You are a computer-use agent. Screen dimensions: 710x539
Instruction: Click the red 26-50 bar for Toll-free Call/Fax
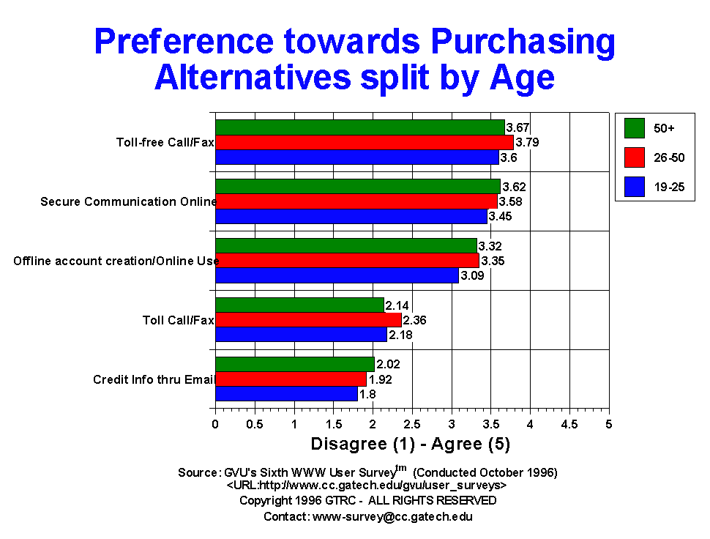tap(365, 142)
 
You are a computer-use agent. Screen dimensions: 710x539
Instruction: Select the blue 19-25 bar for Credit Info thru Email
tap(287, 393)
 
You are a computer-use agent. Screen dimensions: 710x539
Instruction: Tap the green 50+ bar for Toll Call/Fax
tap(300, 305)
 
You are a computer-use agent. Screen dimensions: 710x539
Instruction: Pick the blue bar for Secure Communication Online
tap(351, 216)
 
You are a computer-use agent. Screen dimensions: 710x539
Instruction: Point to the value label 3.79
tap(528, 142)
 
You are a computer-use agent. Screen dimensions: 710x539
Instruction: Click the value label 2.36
tap(415, 320)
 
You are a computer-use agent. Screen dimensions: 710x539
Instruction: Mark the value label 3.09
tap(472, 275)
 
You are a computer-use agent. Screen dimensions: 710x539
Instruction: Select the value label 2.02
tap(389, 364)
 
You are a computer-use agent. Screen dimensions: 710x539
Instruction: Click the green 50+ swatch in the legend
tap(635, 127)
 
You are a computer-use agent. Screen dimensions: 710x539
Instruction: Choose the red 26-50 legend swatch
tap(635, 157)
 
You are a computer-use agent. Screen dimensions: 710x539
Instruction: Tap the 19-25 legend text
tap(669, 187)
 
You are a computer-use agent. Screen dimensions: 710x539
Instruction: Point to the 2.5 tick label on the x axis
tap(412, 425)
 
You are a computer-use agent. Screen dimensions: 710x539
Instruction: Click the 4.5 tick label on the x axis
tap(569, 425)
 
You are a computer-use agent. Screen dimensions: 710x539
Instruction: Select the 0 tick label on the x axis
tap(215, 425)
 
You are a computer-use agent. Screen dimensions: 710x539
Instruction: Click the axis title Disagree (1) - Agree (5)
tap(410, 444)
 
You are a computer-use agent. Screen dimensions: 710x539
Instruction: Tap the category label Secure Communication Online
tap(129, 201)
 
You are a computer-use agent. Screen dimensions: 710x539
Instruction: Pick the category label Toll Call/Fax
tap(179, 320)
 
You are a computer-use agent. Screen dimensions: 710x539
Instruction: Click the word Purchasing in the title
tap(523, 42)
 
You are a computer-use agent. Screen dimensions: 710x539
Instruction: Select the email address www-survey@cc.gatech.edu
tap(392, 517)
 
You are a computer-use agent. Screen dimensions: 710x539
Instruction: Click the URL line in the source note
tap(366, 485)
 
